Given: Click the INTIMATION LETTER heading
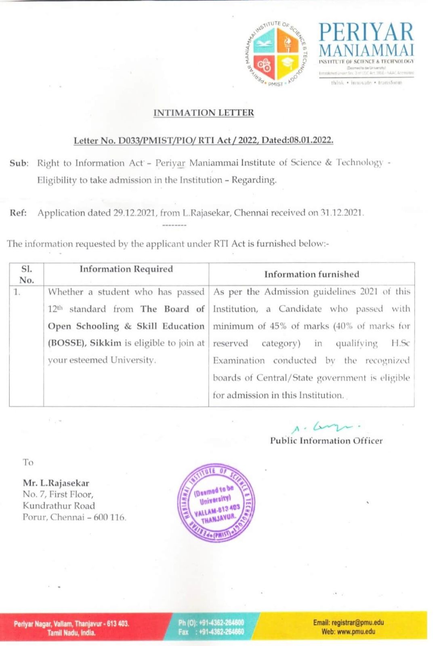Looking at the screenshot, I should (204, 113).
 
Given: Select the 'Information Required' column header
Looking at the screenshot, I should (126, 269).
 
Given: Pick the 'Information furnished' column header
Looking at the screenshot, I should (311, 274).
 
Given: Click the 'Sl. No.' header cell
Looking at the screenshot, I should (26, 274).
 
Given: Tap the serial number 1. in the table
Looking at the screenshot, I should (17, 292).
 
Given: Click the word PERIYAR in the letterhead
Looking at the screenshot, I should (366, 32).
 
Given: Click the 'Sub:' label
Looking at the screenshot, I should (19, 163).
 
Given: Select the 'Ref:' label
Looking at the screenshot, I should (18, 213).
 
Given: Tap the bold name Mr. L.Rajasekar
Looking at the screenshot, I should (56, 483).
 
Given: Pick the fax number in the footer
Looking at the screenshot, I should (219, 632).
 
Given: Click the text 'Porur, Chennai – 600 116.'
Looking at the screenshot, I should (74, 517).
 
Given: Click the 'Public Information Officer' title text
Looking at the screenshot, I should (326, 441).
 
